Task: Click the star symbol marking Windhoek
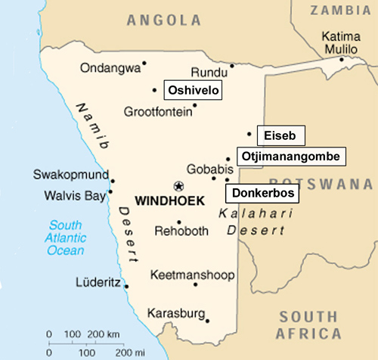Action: (x=178, y=185)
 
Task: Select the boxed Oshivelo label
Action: (x=193, y=90)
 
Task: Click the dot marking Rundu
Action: (x=232, y=65)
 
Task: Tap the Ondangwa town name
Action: (x=110, y=67)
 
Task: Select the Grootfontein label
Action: (x=155, y=112)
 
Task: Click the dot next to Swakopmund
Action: (x=113, y=180)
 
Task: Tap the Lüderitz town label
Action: (x=98, y=284)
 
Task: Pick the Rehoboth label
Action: (x=179, y=231)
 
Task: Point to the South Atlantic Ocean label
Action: (x=66, y=237)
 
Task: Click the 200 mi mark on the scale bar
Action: (x=129, y=352)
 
